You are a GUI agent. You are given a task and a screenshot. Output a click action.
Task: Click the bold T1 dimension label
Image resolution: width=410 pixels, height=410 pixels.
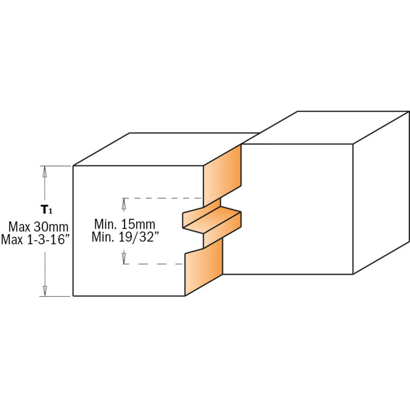[x=46, y=209]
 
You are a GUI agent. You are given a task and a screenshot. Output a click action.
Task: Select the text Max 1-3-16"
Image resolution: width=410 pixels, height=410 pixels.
[x=35, y=239]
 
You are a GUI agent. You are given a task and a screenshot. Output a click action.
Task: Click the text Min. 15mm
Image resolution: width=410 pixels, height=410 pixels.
[x=125, y=224]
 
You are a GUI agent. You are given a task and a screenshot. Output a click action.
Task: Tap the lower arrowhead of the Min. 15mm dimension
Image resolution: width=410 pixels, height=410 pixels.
[x=124, y=258]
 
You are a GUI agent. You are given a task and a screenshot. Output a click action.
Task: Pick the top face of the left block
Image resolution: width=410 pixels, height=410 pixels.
[x=164, y=149]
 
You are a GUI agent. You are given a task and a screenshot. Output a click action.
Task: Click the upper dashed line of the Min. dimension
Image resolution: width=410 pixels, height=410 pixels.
[x=164, y=198]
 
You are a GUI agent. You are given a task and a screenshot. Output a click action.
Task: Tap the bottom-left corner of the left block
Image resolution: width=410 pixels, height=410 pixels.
[x=73, y=296]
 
